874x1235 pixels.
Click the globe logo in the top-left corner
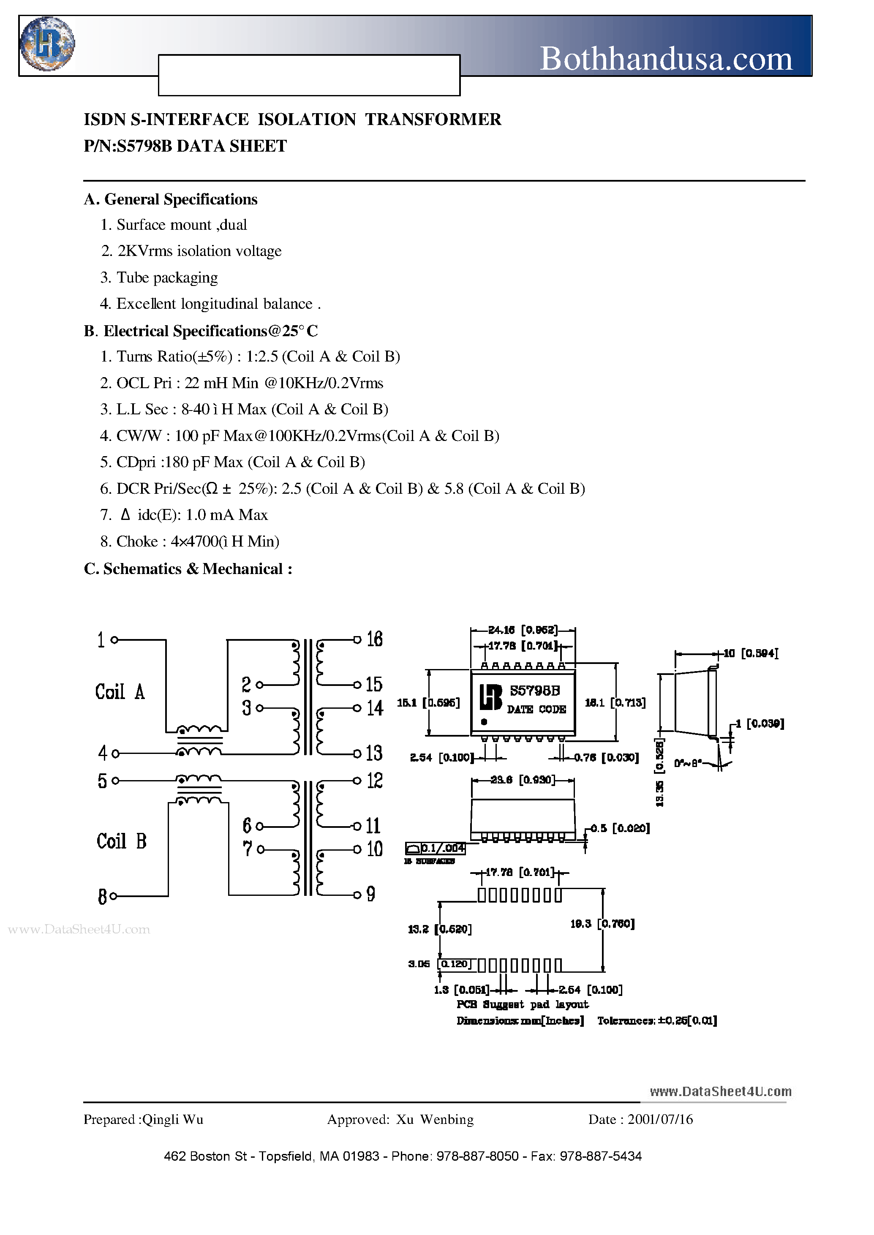47,44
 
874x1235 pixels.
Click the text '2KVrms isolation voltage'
199,251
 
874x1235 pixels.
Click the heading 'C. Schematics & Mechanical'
188,569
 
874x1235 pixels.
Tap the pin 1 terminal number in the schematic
101,640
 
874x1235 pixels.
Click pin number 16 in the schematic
375,639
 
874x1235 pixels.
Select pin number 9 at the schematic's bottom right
371,895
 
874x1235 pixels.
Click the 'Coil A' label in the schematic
120,691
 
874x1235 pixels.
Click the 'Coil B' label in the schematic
122,841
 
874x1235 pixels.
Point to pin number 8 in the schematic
102,897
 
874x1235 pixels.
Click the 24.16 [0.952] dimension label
523,630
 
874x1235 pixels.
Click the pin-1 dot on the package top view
484,722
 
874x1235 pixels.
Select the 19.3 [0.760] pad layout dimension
602,924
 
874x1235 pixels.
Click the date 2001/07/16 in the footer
660,1119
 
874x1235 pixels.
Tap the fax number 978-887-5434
601,1156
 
